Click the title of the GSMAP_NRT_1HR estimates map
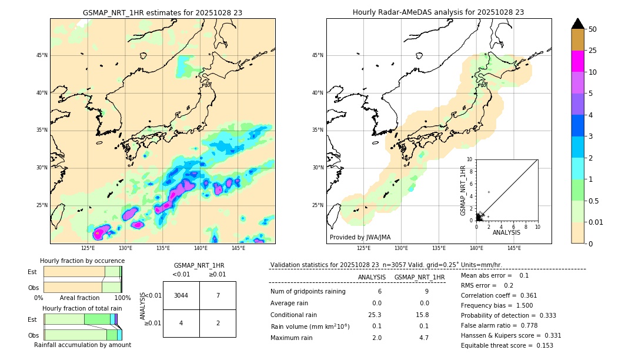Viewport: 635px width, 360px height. (162, 12)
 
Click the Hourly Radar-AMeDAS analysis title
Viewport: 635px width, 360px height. (438, 12)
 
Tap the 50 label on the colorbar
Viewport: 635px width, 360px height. (593, 29)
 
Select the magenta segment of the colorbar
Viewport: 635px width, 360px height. (578, 61)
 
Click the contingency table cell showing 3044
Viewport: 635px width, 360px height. (181, 295)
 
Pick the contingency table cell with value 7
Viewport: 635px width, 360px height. (218, 295)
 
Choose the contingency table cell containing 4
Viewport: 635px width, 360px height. (181, 323)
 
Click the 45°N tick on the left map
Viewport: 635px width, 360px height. (42, 56)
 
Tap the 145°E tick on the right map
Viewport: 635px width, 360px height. (514, 248)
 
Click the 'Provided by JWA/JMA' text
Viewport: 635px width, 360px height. (360, 237)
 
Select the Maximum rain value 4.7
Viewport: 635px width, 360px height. (423, 338)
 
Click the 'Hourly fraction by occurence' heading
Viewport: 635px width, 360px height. (82, 261)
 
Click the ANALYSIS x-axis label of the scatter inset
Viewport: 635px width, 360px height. (507, 232)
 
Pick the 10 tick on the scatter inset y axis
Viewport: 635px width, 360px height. (469, 159)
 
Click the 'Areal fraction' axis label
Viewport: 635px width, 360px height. (79, 298)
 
